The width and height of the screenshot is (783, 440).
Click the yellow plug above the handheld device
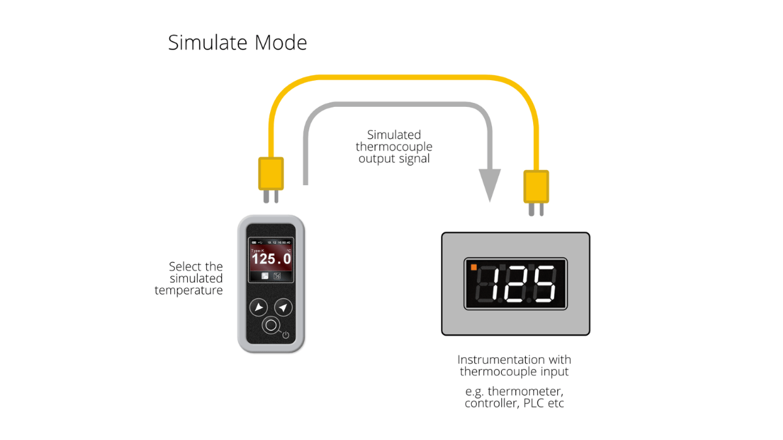pyautogui.click(x=271, y=174)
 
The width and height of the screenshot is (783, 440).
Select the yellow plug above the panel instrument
pyautogui.click(x=536, y=186)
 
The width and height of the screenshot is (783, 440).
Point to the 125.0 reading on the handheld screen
pyautogui.click(x=271, y=259)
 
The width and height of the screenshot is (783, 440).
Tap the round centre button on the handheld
pyautogui.click(x=271, y=325)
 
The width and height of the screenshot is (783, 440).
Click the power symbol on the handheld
pyautogui.click(x=285, y=335)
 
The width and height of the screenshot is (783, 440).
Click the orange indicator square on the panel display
pyautogui.click(x=473, y=266)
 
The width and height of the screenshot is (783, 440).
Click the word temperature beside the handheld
pyautogui.click(x=189, y=291)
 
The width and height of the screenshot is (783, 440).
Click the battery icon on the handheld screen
pyautogui.click(x=253, y=242)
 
